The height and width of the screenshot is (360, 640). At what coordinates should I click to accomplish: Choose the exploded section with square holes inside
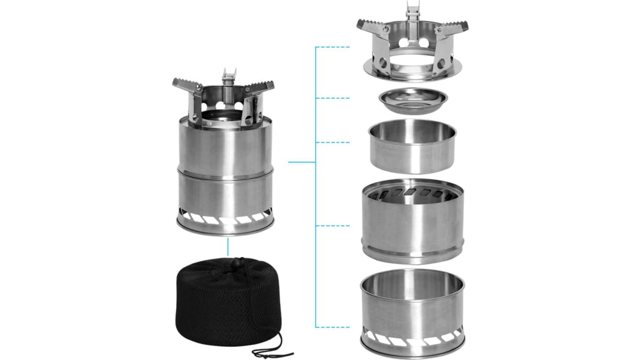tap(413, 219)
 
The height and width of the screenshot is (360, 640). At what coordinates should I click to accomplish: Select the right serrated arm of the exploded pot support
tap(453, 27)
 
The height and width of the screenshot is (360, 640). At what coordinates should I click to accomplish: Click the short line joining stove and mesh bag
tap(228, 247)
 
